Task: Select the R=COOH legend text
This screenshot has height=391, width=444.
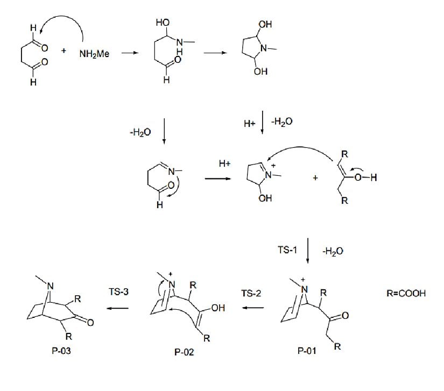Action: coord(405,294)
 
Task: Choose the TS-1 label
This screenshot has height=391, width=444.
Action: coord(286,251)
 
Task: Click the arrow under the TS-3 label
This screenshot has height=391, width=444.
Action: coord(118,308)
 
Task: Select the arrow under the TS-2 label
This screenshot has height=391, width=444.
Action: coord(251,308)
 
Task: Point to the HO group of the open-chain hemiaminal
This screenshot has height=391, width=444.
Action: coord(160,23)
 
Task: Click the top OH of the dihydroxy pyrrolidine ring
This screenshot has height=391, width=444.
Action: coord(265,25)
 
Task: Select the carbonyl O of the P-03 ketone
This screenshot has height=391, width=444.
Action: coord(90,323)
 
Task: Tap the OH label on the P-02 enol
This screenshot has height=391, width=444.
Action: coord(217,309)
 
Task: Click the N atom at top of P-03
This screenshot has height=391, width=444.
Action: coord(49,294)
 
